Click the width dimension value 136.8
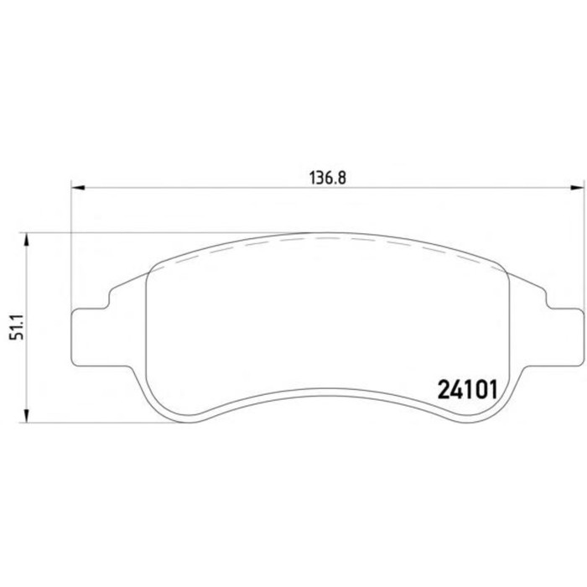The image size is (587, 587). [x=328, y=178]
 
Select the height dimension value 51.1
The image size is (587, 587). [x=18, y=328]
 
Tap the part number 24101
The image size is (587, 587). [x=468, y=390]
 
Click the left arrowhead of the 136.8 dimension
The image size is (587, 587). [x=78, y=188]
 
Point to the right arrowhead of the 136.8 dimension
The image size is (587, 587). [x=577, y=188]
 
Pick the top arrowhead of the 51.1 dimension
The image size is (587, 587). [x=26, y=240]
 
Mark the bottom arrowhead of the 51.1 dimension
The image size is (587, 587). [x=26, y=416]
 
